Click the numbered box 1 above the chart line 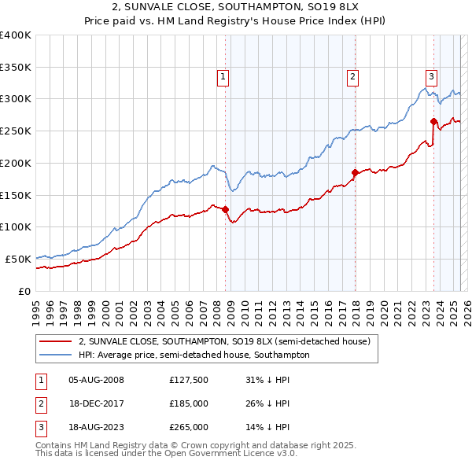(223, 77)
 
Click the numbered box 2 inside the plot (352, 77)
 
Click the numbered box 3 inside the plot (432, 77)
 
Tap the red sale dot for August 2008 (226, 209)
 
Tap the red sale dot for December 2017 (356, 172)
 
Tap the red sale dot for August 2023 (433, 121)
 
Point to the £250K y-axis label (16, 131)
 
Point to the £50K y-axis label (18, 259)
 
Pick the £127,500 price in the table (189, 381)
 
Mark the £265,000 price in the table (189, 428)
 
